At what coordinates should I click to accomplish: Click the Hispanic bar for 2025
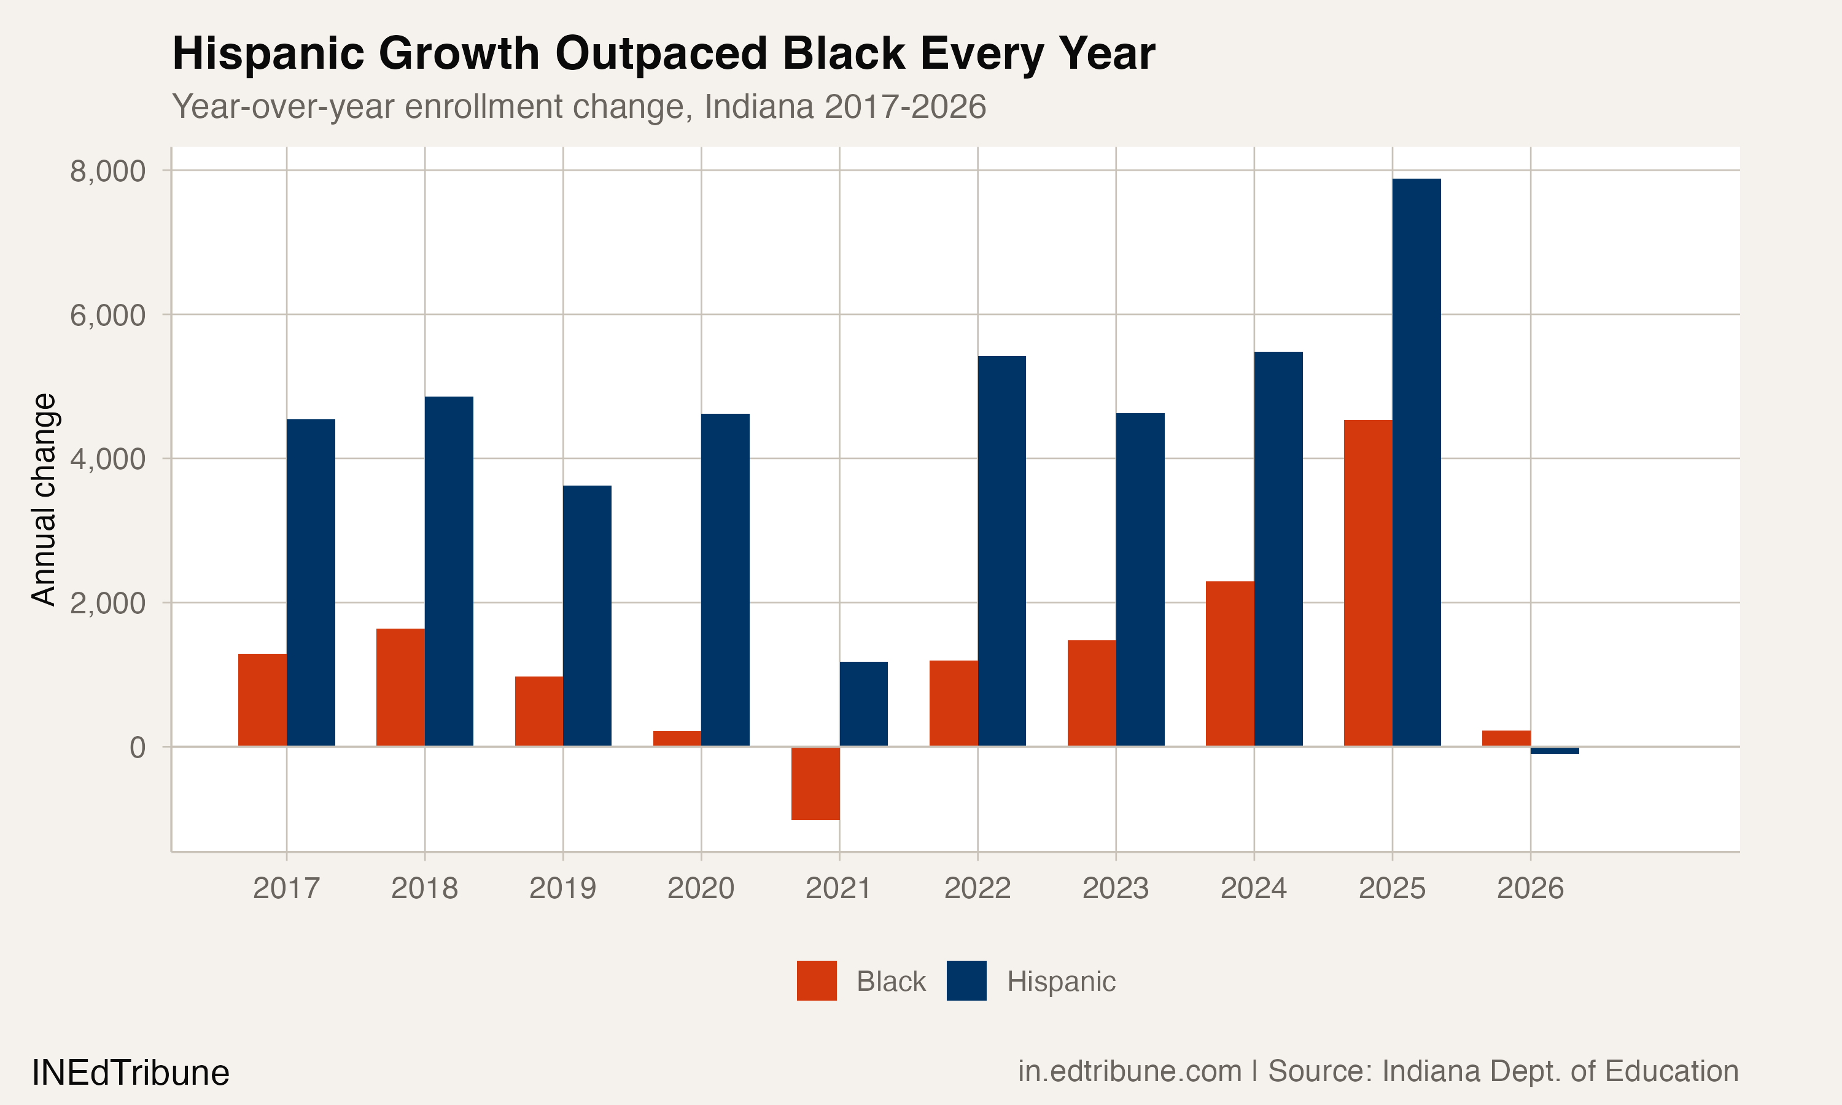[x=1416, y=462]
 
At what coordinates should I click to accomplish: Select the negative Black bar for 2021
[x=815, y=783]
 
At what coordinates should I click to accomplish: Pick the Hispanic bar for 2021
[x=864, y=704]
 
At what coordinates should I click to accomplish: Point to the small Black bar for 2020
[x=677, y=738]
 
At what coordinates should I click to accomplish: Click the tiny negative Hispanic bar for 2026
[x=1555, y=750]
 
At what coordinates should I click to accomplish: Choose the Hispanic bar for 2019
[x=587, y=615]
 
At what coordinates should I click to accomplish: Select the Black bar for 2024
[x=1229, y=663]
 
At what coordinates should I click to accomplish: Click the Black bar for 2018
[x=400, y=686]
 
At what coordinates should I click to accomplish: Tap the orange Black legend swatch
[x=816, y=980]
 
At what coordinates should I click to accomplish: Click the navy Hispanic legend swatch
[x=966, y=980]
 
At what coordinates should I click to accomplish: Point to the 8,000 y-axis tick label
[x=107, y=171]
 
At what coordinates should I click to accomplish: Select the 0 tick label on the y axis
[x=137, y=747]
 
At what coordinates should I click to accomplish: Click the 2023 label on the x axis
[x=1115, y=888]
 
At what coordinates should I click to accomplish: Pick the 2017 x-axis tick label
[x=286, y=888]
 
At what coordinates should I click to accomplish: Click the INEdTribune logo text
[x=130, y=1072]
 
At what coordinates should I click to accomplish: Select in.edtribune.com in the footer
[x=1130, y=1071]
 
